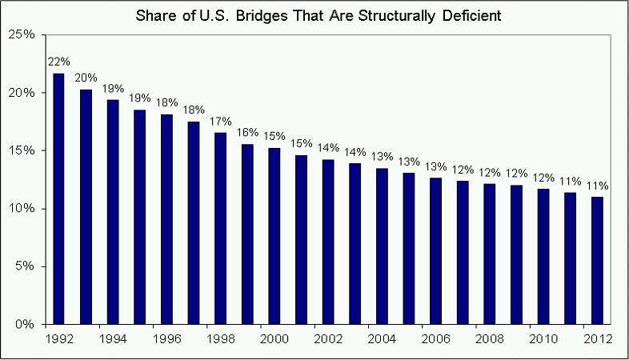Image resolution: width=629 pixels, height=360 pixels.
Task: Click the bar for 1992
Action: (58, 199)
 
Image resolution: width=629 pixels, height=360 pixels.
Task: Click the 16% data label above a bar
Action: (247, 133)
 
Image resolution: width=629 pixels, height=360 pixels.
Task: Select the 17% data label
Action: (220, 122)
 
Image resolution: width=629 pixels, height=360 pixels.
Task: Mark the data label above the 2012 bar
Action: (597, 186)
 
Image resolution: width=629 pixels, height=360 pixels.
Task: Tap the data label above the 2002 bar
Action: (328, 148)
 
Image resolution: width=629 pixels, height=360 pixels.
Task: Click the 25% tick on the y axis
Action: (22, 34)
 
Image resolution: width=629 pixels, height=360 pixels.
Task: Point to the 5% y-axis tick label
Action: (26, 266)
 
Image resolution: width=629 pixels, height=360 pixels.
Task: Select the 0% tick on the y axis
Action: (26, 325)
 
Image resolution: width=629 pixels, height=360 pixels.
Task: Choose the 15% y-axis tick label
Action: (22, 150)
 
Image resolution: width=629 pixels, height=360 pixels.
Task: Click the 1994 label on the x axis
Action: (112, 338)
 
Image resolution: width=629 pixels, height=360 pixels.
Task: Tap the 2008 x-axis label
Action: (489, 338)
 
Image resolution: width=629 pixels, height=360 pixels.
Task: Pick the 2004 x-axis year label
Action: (382, 338)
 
